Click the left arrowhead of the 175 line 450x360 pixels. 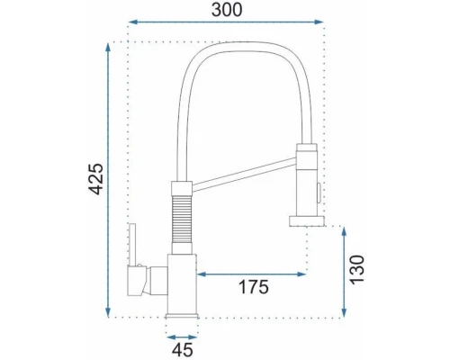pos(199,274)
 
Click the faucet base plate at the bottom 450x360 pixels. pos(182,314)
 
